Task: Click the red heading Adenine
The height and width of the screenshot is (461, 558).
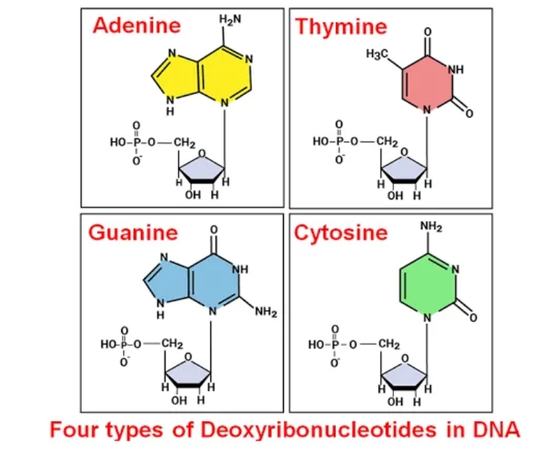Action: coord(136,25)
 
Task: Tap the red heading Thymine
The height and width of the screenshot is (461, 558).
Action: coord(341,27)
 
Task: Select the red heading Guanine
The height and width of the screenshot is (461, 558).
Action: coord(133,233)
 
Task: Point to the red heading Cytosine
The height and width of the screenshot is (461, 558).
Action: coord(340,233)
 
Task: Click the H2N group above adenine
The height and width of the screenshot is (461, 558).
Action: coord(230,20)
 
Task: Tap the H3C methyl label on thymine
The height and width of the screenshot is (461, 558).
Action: coord(377,54)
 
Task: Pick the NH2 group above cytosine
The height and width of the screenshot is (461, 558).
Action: coord(431,226)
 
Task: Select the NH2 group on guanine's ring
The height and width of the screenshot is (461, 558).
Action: coord(266,312)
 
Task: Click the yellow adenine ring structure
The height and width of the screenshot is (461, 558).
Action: coord(202,75)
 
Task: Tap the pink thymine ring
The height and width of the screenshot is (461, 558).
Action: coord(428,84)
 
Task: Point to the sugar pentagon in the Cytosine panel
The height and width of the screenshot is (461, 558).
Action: coord(404,375)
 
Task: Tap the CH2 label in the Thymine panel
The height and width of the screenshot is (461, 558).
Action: coord(387,141)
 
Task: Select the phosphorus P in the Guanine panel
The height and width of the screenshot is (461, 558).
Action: coord(123,344)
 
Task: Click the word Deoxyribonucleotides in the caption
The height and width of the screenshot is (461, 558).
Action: coord(319,430)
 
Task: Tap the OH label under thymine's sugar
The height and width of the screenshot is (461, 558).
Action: coord(395,196)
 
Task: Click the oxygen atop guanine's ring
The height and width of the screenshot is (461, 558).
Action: coord(213,230)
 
